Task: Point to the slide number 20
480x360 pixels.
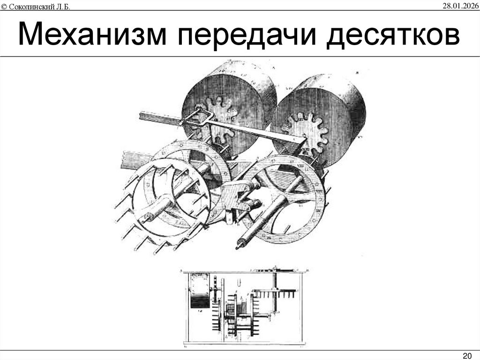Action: pyautogui.click(x=467, y=354)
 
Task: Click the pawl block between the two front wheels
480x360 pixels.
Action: pyautogui.click(x=237, y=197)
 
